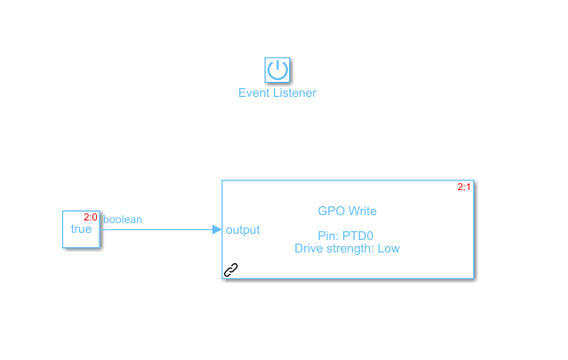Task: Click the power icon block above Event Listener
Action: pyautogui.click(x=277, y=69)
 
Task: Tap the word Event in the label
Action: pyautogui.click(x=252, y=93)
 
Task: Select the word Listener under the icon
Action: pyautogui.click(x=292, y=93)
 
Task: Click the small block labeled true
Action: pyautogui.click(x=81, y=229)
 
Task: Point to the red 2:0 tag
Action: pyautogui.click(x=91, y=217)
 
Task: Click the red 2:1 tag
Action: pyautogui.click(x=464, y=187)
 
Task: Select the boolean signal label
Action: pyautogui.click(x=123, y=220)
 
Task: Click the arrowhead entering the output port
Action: pyautogui.click(x=217, y=229)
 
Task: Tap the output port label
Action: pyautogui.click(x=243, y=230)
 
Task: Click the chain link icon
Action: pyautogui.click(x=231, y=270)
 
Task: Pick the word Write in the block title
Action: pyautogui.click(x=361, y=211)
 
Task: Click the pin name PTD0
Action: pyautogui.click(x=358, y=236)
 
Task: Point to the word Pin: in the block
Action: pyautogui.click(x=329, y=236)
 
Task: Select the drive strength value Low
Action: pyautogui.click(x=388, y=249)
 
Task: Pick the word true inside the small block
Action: pyautogui.click(x=81, y=229)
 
